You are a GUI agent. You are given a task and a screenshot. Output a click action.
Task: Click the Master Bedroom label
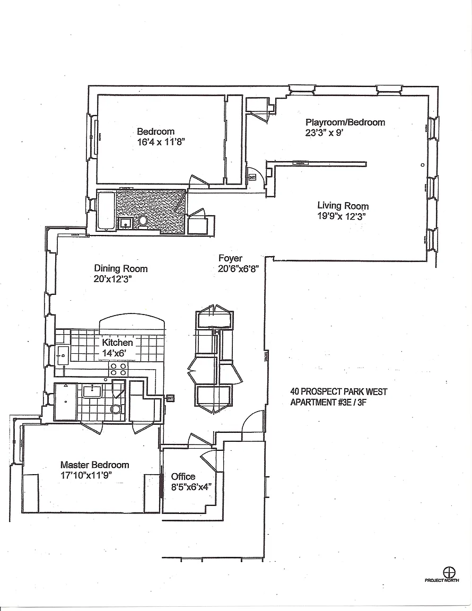tap(94, 465)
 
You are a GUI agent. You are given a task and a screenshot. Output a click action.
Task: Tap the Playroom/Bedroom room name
tap(345, 122)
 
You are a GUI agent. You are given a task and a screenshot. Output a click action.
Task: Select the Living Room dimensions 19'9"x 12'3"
tap(342, 216)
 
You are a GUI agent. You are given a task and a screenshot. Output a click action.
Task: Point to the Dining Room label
tap(121, 268)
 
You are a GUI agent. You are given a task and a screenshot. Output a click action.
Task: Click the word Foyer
tap(230, 258)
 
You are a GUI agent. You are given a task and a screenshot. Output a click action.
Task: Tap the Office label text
tap(183, 476)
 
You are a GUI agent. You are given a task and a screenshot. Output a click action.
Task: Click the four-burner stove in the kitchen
tap(118, 369)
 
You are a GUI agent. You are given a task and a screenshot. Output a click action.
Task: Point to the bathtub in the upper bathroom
tap(105, 211)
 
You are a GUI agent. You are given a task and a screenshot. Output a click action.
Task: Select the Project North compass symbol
tap(449, 572)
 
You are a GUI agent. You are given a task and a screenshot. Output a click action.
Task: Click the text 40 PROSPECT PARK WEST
tap(338, 392)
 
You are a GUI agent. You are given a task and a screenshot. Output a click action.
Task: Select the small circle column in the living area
tap(423, 165)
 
